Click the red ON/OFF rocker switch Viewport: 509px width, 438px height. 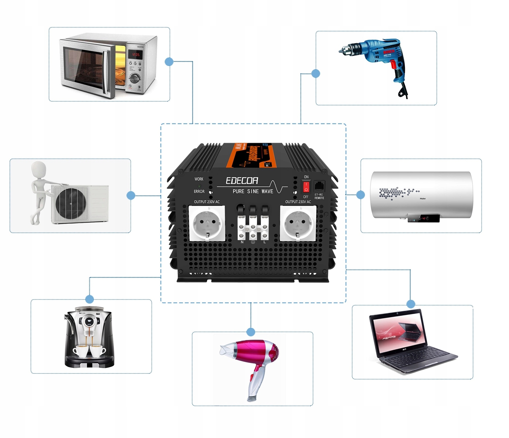pos(306,187)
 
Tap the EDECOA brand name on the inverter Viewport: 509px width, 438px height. pos(242,181)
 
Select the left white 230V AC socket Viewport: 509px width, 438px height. pos(207,223)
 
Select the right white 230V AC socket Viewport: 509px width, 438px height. pos(298,223)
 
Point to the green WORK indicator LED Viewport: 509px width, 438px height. pos(199,186)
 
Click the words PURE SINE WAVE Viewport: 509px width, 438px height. pos(253,191)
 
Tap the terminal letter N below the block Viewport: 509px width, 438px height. pos(242,242)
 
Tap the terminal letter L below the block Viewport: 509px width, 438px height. pos(264,242)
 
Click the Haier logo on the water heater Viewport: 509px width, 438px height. pos(422,198)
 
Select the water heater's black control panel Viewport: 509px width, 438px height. pos(423,218)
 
